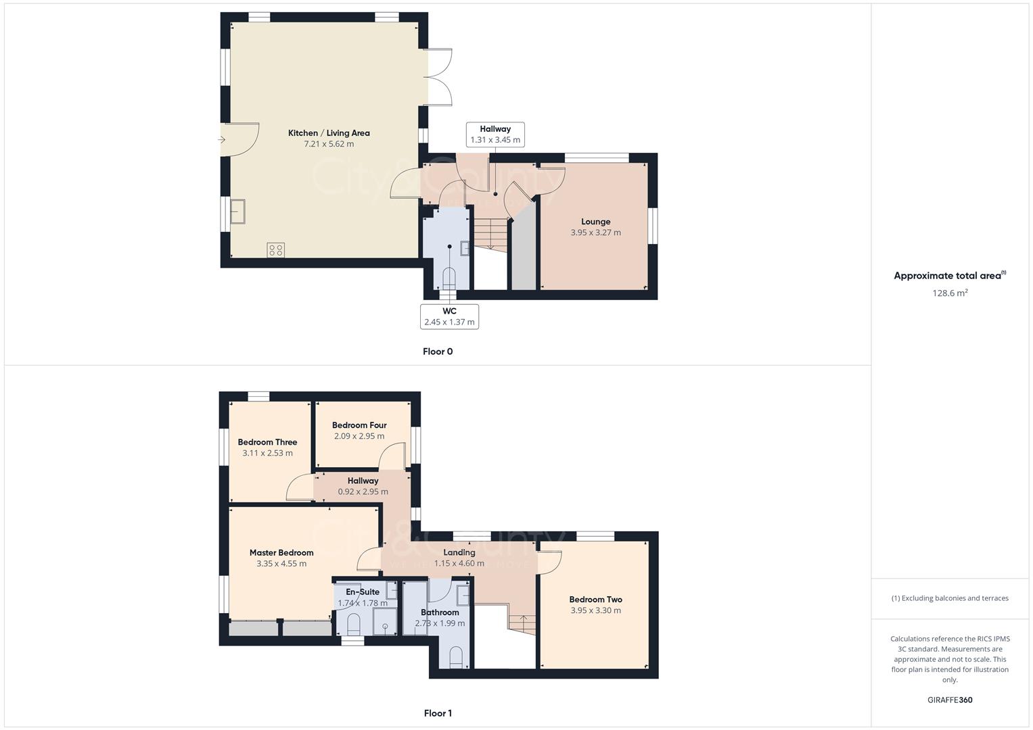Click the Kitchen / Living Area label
[x=329, y=133]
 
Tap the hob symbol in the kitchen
[x=276, y=250]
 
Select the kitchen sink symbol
[x=237, y=212]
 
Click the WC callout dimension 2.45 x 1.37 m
[x=449, y=322]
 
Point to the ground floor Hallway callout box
[x=495, y=135]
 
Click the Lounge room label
[x=595, y=222]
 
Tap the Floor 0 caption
[x=438, y=351]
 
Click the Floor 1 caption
[x=438, y=713]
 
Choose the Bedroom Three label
[x=267, y=442]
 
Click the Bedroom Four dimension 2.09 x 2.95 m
[x=359, y=436]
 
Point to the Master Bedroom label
[x=281, y=552]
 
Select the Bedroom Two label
[x=595, y=600]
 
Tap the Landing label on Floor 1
[x=459, y=552]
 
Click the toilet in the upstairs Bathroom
[x=456, y=656]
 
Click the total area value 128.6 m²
[x=950, y=293]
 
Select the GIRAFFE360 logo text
[x=950, y=700]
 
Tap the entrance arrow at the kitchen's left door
[x=221, y=140]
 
